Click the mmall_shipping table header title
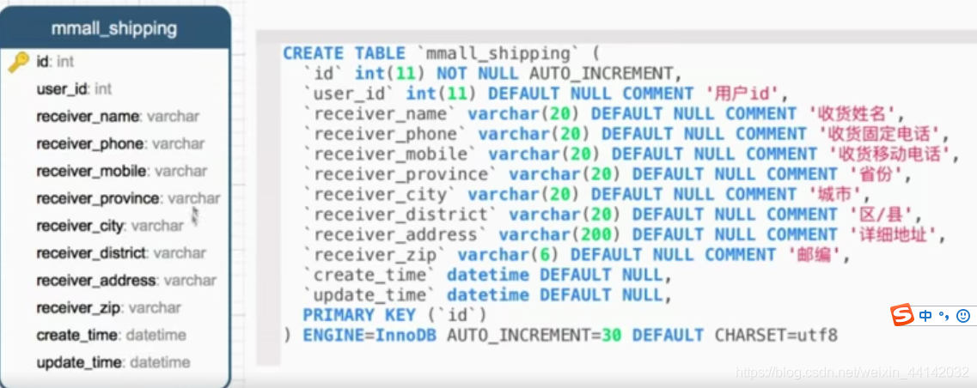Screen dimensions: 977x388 pos(113,27)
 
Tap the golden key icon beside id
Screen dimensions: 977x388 pos(19,62)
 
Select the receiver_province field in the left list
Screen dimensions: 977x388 pos(99,198)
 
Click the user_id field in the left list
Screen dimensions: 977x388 pos(63,88)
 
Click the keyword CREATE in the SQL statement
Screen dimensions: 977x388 pos(313,53)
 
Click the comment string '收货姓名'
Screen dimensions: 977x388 pos(853,113)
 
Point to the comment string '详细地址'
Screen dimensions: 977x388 pos(895,234)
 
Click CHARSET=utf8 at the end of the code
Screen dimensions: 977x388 pos(775,335)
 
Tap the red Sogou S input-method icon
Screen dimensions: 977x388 pos(901,315)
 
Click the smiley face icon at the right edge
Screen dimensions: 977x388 pos(963,316)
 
